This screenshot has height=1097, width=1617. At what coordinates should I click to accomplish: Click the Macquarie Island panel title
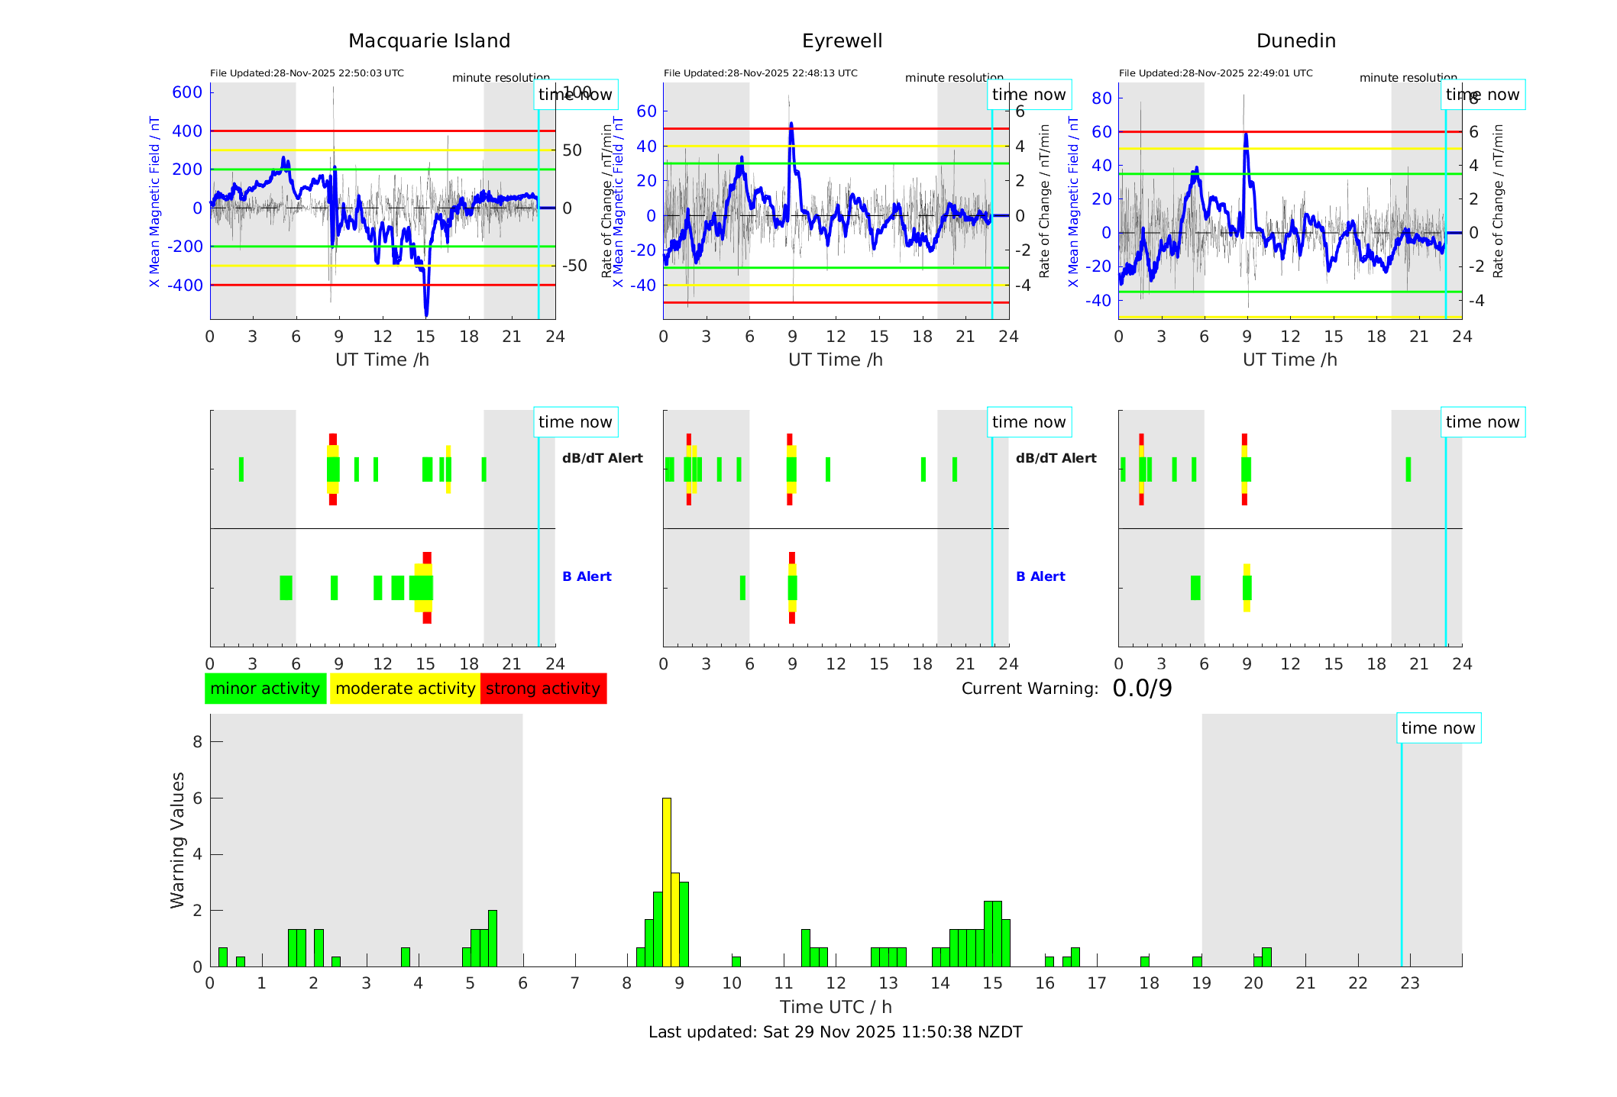pyautogui.click(x=429, y=41)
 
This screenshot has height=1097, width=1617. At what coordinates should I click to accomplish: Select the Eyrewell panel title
pyautogui.click(x=842, y=41)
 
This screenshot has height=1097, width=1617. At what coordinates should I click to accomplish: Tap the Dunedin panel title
pyautogui.click(x=1295, y=41)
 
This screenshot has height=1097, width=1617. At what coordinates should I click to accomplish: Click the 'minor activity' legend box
pyautogui.click(x=265, y=689)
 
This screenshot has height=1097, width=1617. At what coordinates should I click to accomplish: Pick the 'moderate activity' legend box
pyautogui.click(x=405, y=689)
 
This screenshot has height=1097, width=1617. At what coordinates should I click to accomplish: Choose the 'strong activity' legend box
pyautogui.click(x=543, y=689)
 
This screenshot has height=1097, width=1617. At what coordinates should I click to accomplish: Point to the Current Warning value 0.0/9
pyautogui.click(x=1142, y=689)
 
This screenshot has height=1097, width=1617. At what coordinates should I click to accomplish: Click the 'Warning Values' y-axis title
pyautogui.click(x=178, y=840)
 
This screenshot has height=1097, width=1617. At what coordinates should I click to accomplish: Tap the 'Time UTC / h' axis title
pyautogui.click(x=836, y=1007)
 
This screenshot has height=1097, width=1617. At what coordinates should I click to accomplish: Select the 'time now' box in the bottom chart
pyautogui.click(x=1438, y=728)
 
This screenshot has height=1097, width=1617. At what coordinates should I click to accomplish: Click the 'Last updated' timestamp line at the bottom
pyautogui.click(x=835, y=1032)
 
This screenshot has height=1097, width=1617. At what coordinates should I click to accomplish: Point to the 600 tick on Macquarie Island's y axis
pyautogui.click(x=187, y=92)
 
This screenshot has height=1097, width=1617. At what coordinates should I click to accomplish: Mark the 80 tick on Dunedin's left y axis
pyautogui.click(x=1101, y=98)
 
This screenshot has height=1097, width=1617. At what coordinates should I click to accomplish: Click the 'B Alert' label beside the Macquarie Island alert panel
pyautogui.click(x=587, y=576)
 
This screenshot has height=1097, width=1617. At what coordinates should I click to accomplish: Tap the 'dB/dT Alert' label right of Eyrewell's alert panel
pyautogui.click(x=1056, y=458)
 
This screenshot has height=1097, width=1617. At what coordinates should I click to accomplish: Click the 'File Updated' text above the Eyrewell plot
pyautogui.click(x=760, y=73)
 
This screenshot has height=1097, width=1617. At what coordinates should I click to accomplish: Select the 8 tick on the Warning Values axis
pyautogui.click(x=198, y=741)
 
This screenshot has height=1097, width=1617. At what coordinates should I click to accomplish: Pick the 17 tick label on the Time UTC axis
pyautogui.click(x=1097, y=983)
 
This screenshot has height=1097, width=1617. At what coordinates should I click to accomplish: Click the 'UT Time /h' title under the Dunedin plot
pyautogui.click(x=1289, y=360)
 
